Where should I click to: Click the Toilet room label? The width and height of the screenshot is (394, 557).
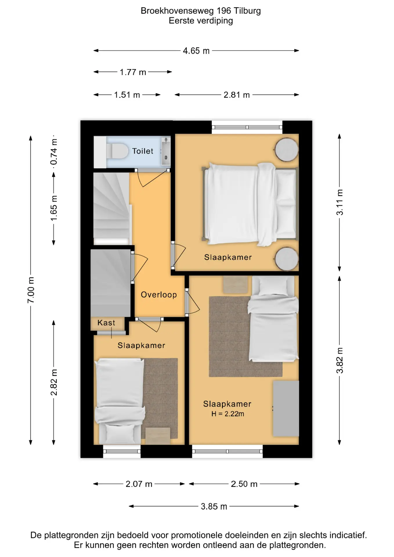[x=142, y=151]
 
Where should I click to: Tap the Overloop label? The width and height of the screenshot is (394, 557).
[x=159, y=295]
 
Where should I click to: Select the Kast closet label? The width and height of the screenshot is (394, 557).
[x=106, y=323]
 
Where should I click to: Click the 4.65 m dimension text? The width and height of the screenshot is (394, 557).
[x=196, y=51]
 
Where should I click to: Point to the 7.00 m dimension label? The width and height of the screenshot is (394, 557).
[x=31, y=290]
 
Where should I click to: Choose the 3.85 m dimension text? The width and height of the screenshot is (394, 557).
[x=214, y=507]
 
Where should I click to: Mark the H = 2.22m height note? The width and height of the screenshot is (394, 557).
[x=228, y=414]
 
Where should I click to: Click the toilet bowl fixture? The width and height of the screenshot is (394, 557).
[x=117, y=151]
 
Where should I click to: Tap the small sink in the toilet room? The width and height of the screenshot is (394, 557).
[x=166, y=151]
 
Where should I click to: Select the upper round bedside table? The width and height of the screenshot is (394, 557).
[x=287, y=150]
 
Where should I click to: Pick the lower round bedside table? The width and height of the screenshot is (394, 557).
[x=287, y=259]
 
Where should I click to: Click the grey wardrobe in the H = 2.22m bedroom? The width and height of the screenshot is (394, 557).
[x=286, y=408]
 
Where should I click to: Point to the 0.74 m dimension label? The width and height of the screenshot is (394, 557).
[x=54, y=152]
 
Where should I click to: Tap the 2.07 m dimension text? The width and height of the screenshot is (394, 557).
[x=139, y=484]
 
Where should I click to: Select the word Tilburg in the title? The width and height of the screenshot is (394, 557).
[x=247, y=11]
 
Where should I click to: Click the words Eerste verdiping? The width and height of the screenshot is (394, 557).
[x=201, y=21]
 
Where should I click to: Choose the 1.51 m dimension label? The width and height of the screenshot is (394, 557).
[x=127, y=95]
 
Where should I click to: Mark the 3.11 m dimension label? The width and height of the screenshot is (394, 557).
[x=339, y=202]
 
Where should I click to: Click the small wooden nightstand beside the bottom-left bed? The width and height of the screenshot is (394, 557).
[x=158, y=436]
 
